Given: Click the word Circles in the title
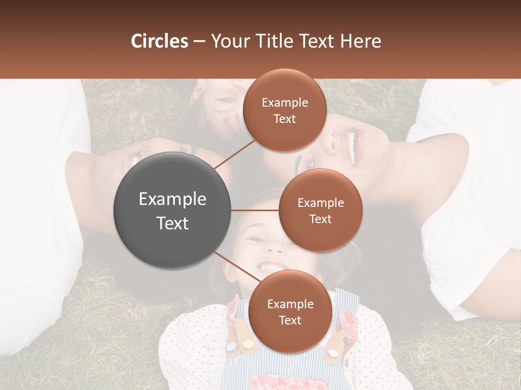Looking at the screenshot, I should (x=160, y=41).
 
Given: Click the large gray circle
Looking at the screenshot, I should (x=173, y=210).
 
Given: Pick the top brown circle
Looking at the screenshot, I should (x=285, y=110).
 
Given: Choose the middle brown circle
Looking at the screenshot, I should (x=321, y=210).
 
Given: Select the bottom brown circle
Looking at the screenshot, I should (x=290, y=311).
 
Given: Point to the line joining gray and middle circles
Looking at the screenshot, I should (x=255, y=210).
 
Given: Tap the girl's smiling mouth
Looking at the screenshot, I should (x=270, y=268).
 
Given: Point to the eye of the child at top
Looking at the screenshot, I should (x=228, y=100).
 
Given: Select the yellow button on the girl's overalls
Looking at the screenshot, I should (x=247, y=343).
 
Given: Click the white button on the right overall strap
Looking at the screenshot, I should (x=333, y=353).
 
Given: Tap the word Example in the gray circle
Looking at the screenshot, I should (x=173, y=199).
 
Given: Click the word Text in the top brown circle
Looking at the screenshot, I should (x=285, y=119).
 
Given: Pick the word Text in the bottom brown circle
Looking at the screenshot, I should (x=290, y=320).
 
